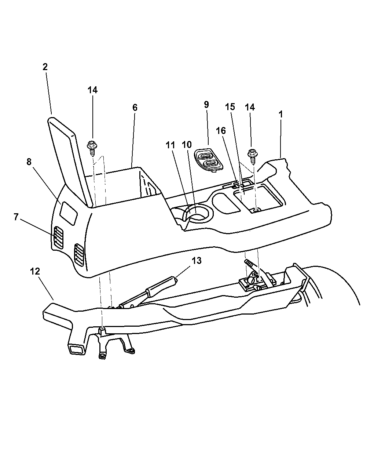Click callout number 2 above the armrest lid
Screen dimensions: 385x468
pyautogui.click(x=45, y=67)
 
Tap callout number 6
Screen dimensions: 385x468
pyautogui.click(x=135, y=108)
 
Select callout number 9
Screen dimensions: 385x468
pyautogui.click(x=206, y=105)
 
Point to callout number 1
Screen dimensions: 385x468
pyautogui.click(x=280, y=114)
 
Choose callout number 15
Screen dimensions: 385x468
pyautogui.click(x=230, y=107)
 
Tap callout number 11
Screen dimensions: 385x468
pyautogui.click(x=170, y=145)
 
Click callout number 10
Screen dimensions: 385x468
pyautogui.click(x=187, y=145)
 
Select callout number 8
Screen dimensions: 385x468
pyautogui.click(x=29, y=162)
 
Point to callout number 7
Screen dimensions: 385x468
pyautogui.click(x=16, y=217)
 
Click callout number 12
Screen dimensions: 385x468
pyautogui.click(x=35, y=271)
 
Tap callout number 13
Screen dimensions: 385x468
pyautogui.click(x=197, y=261)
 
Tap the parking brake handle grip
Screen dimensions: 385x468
pyautogui.click(x=161, y=284)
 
